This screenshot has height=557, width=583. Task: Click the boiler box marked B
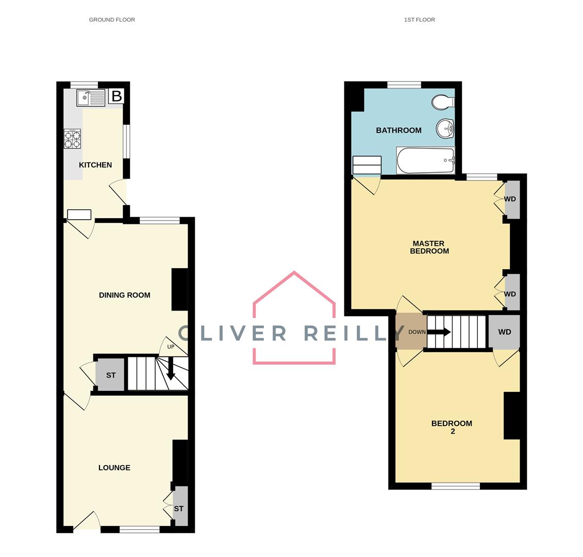(116, 96)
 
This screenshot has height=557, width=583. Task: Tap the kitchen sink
(91, 97)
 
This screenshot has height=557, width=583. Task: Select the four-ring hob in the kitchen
(72, 139)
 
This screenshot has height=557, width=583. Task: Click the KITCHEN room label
(95, 165)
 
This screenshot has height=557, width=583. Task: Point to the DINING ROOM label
(125, 295)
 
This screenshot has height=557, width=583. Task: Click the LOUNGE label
(114, 468)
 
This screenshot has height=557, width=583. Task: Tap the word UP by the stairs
(171, 347)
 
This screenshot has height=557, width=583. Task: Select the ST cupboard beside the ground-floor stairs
(110, 375)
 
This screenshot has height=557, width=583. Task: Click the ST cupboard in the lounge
(179, 508)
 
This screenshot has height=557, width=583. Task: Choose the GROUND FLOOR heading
(112, 20)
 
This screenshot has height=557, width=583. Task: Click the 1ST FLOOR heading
(420, 20)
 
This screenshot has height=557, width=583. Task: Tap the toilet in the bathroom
(442, 102)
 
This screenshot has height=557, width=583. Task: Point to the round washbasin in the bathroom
(445, 128)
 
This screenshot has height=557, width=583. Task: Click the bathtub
(425, 160)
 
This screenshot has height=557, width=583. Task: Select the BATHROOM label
(398, 130)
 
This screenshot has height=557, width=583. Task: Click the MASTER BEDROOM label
(429, 247)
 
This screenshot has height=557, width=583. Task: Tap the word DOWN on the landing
(417, 332)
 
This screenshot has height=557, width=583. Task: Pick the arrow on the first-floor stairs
(440, 332)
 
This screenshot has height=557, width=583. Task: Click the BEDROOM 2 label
(452, 427)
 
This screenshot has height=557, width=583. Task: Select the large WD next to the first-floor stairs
(505, 332)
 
